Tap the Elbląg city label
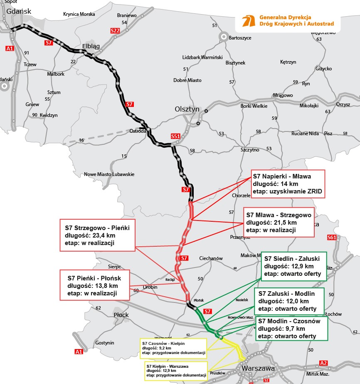91,46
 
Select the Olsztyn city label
187,109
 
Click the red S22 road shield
115,31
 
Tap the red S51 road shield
176,136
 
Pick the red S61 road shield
331,238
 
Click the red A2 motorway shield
323,363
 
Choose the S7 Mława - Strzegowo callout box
279,223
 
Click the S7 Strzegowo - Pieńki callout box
97,235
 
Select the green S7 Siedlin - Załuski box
294,266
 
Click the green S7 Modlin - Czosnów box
292,329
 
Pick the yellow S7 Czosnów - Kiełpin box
173,348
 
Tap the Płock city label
121,315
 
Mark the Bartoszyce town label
240,38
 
